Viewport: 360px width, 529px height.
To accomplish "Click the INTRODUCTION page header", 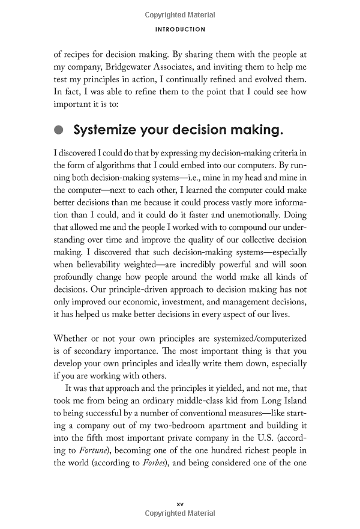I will point(179,29).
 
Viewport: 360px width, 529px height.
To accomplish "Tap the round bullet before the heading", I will point(58,130).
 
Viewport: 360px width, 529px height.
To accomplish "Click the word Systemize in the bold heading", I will point(104,130).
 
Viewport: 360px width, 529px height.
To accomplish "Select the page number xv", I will point(179,504).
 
